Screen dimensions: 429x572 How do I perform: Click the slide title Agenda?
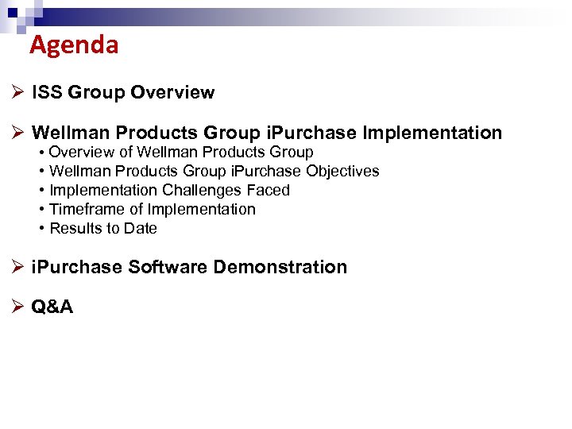74,45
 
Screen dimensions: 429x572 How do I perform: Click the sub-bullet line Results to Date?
103,229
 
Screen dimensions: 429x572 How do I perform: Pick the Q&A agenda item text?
52,307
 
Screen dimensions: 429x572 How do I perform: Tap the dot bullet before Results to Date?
41,229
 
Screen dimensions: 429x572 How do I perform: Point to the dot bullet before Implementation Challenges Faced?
41,191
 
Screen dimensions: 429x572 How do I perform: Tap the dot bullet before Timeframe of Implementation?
41,210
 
